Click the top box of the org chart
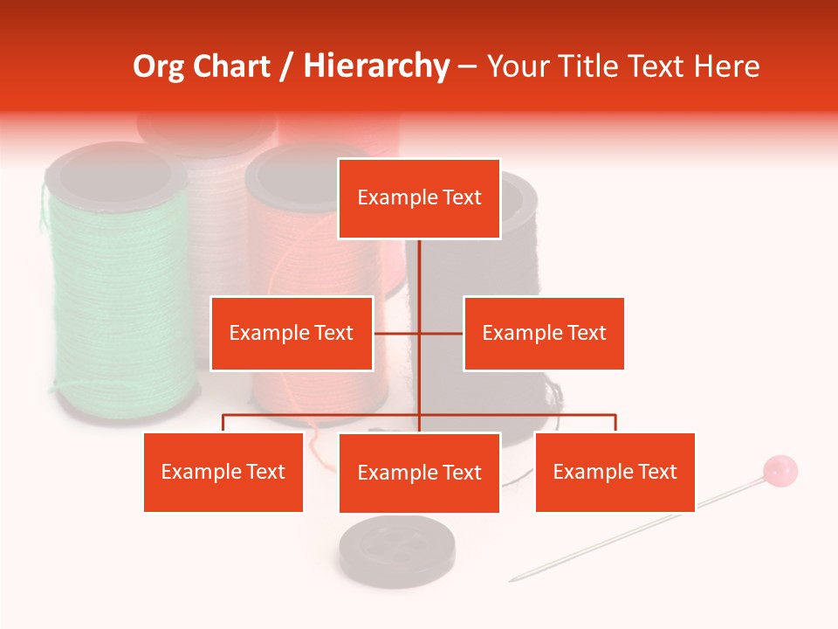419,198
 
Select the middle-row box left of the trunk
292,333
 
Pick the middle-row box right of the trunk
544,333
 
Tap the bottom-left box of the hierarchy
223,472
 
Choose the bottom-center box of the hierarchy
419,473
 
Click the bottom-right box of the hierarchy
615,472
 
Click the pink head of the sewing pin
780,471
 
